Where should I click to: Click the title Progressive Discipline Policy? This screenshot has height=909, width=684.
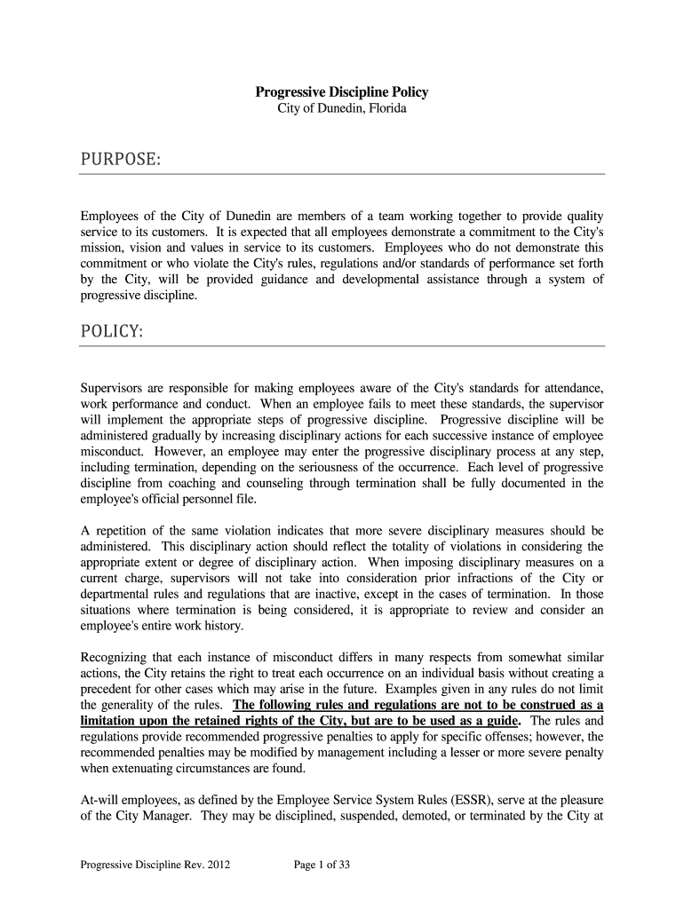click(x=342, y=91)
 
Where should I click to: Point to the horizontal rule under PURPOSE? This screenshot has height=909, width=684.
click(x=342, y=174)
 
